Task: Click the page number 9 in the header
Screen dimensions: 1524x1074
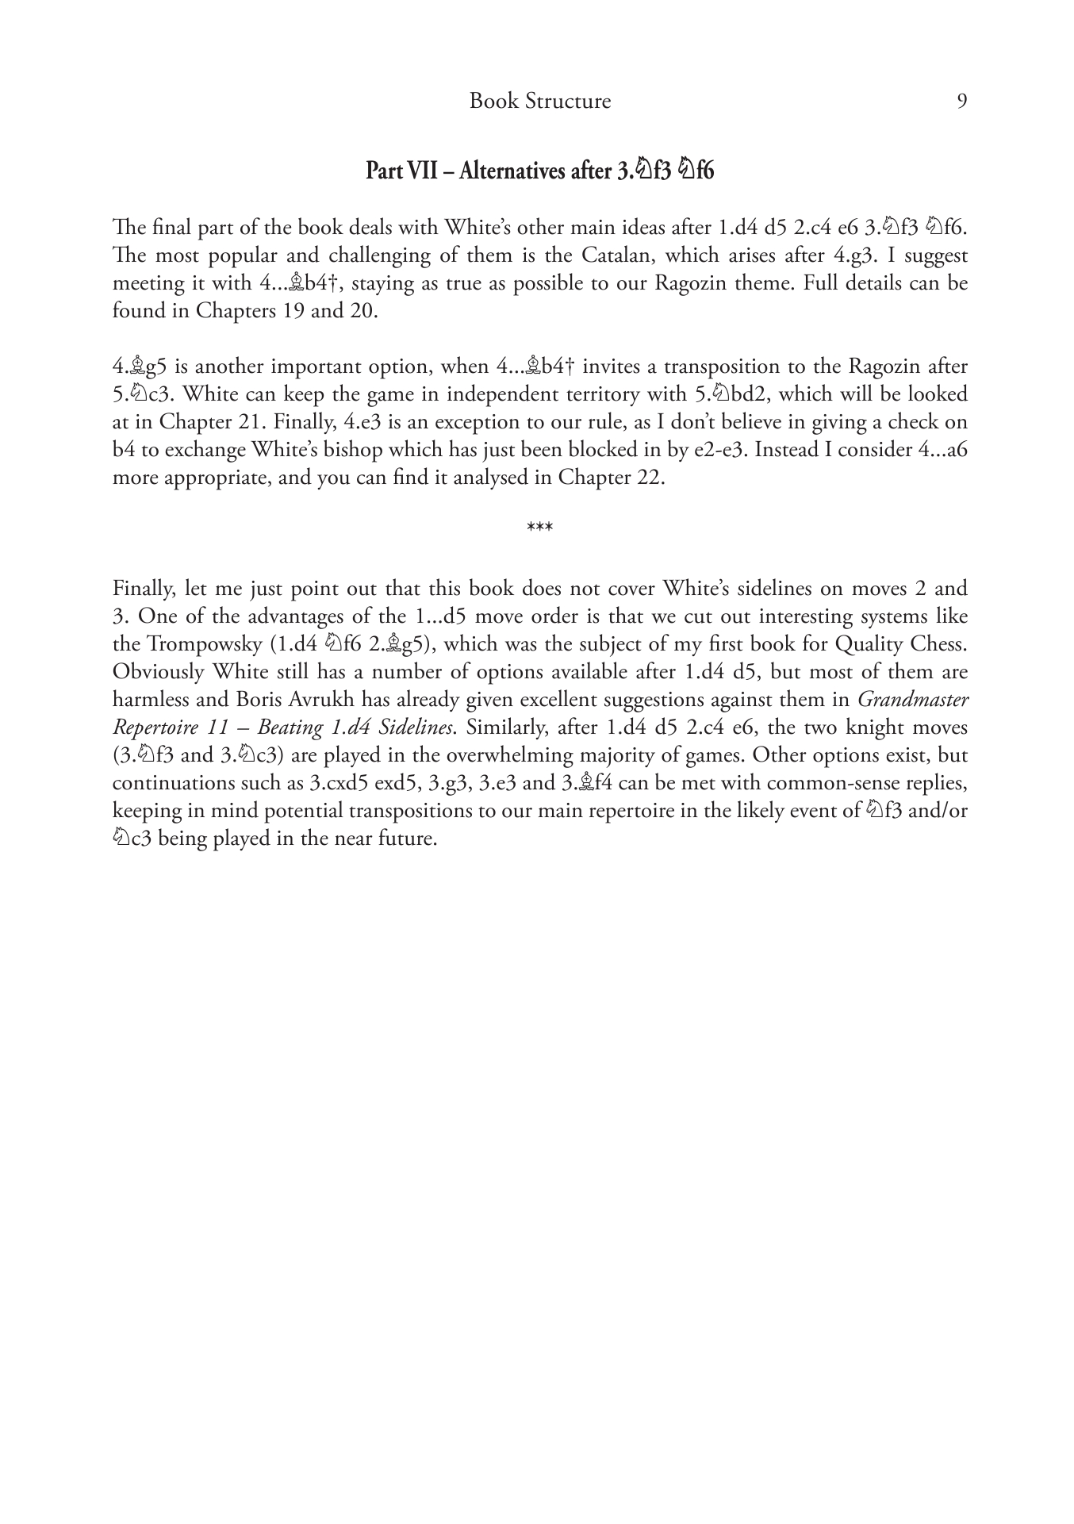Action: [x=961, y=102]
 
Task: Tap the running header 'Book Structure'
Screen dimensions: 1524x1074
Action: [x=539, y=102]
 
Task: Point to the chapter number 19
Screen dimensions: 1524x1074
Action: [x=294, y=311]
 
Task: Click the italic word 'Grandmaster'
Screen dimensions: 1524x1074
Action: [x=913, y=700]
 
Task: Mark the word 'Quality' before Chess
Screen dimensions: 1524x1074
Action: [x=865, y=644]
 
